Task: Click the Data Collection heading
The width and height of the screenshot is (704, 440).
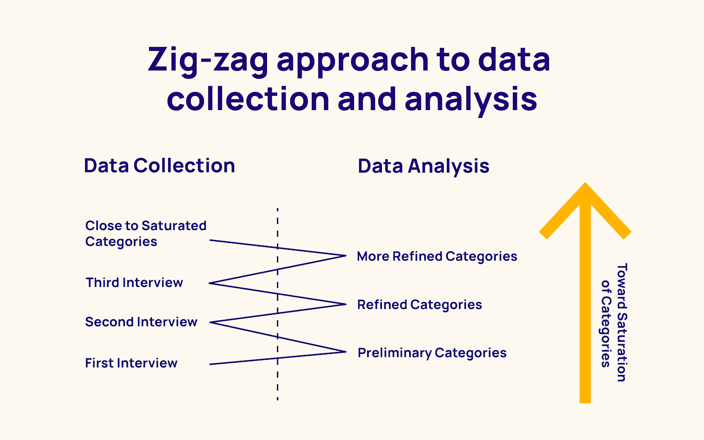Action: coord(159,166)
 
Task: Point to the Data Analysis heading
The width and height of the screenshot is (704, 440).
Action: coord(423,166)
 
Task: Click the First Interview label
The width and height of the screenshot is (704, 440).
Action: coord(131,363)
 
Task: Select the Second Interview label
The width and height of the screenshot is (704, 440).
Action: coord(141,322)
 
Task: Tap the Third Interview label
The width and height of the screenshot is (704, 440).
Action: coord(134,283)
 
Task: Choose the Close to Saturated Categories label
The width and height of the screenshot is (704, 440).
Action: coord(145,234)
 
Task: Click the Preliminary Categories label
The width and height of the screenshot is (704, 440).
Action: coord(432,353)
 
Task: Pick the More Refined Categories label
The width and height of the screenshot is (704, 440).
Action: coord(437,257)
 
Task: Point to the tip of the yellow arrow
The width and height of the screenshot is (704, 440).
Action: coord(585,185)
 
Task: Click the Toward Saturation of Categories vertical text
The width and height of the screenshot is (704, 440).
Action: coord(614,323)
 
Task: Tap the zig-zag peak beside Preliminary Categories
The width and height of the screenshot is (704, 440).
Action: coord(346,352)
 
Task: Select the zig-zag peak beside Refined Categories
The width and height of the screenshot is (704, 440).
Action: coord(346,304)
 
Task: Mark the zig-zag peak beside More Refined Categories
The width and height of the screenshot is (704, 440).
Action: coord(346,256)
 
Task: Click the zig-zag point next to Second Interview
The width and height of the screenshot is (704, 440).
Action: coord(210,322)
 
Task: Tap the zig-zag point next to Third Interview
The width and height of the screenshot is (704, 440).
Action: coord(210,283)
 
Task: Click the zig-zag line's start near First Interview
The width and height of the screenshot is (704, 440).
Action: coord(210,364)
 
